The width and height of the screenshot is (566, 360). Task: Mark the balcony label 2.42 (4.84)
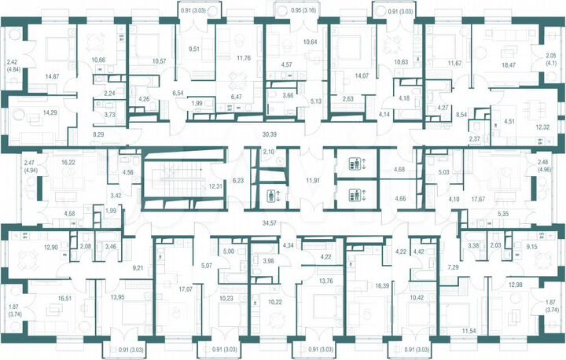tap(12, 65)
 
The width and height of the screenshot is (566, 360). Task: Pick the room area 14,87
tap(53, 76)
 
